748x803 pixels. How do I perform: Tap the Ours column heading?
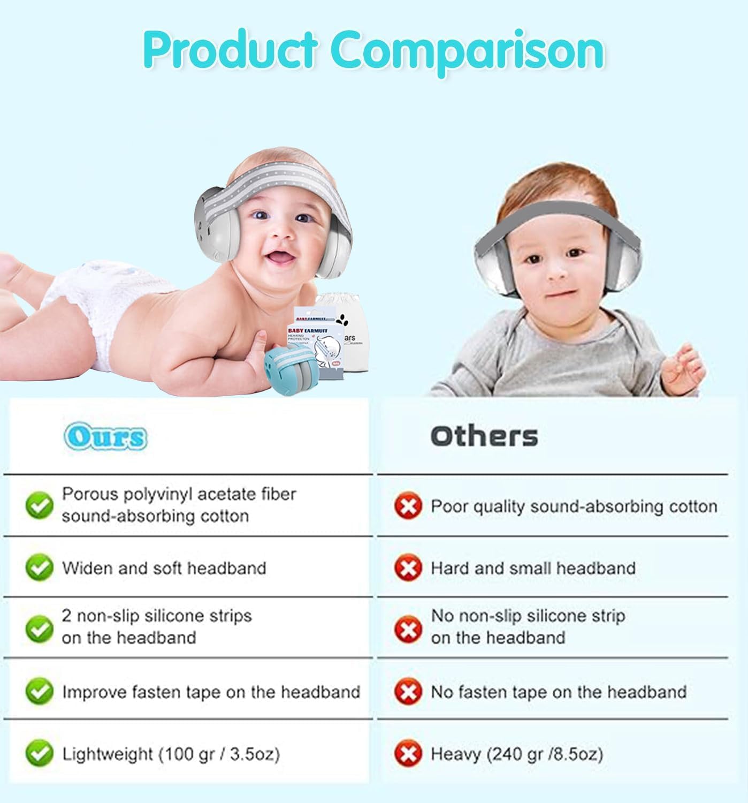[105, 437]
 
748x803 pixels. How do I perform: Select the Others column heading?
[484, 436]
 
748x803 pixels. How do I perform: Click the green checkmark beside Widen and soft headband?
[39, 567]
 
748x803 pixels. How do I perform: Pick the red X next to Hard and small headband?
[408, 567]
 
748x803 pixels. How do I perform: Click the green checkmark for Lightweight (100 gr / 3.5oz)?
[39, 754]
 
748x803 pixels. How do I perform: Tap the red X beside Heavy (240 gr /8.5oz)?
[408, 754]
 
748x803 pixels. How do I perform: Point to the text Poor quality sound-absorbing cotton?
[574, 506]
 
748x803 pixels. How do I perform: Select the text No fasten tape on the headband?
[558, 692]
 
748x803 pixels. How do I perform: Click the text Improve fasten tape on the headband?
[211, 692]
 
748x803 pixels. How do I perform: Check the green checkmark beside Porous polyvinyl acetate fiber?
[39, 505]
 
